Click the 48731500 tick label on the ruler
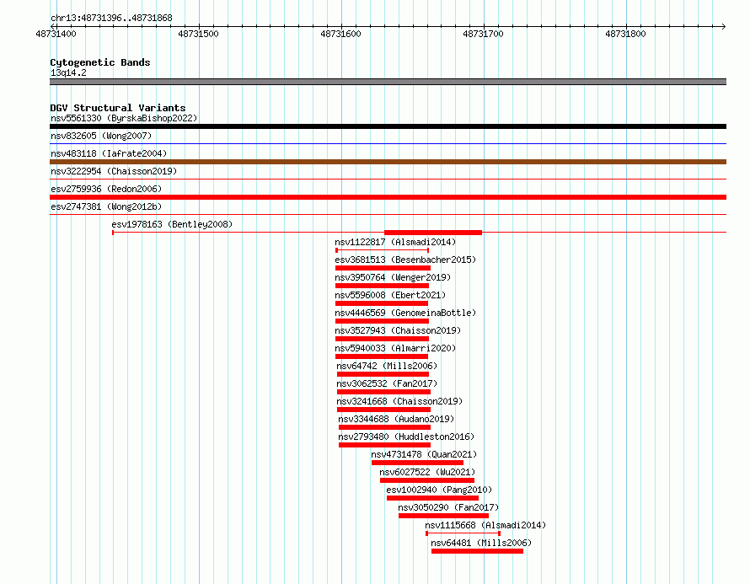click(198, 34)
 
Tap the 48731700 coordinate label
click(483, 34)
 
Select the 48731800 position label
click(625, 34)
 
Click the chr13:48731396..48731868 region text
click(111, 19)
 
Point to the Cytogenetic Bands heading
click(100, 62)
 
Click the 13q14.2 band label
click(68, 72)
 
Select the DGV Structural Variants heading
click(118, 108)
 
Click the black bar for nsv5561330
click(388, 126)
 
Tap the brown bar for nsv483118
click(388, 162)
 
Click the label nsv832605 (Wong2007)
click(101, 136)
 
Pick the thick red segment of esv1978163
click(433, 233)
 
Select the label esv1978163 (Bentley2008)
click(172, 224)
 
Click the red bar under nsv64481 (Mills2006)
click(477, 551)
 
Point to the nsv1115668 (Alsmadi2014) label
click(485, 525)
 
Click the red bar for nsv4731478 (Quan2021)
click(417, 463)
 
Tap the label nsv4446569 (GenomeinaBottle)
click(405, 313)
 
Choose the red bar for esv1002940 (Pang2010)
click(432, 498)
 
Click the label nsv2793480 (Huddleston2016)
click(406, 437)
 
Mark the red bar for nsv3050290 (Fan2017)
click(443, 516)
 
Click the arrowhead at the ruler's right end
click(724, 26)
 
